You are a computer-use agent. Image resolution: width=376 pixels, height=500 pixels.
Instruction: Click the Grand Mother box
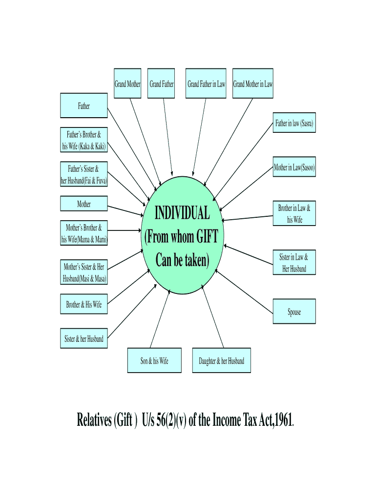tap(127, 84)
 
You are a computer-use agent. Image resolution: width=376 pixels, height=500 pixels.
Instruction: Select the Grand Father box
tap(161, 84)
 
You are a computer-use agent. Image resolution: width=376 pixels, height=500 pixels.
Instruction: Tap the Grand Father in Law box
tap(206, 84)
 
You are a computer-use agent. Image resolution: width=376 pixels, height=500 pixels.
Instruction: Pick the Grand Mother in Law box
tap(252, 84)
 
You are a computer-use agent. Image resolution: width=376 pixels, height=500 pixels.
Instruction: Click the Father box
tap(84, 105)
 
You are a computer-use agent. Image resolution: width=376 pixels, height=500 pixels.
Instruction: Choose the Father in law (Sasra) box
tap(294, 124)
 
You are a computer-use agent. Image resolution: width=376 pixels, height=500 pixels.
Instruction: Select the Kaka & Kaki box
tap(84, 140)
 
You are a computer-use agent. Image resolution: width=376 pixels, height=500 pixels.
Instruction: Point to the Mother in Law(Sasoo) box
tap(294, 168)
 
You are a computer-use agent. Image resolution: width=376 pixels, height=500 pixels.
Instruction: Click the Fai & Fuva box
tap(84, 174)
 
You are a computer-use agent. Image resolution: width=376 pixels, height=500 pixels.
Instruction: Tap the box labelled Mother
tap(84, 204)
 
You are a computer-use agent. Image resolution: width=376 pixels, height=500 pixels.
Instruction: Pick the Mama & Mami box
tap(84, 233)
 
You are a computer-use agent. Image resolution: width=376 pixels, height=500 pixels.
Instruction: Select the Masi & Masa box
tap(84, 272)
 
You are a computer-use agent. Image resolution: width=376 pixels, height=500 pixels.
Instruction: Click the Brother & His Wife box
tap(84, 304)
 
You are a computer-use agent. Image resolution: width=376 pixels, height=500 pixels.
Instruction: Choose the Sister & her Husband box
tap(84, 339)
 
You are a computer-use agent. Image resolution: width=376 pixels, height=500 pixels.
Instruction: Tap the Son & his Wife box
tap(154, 361)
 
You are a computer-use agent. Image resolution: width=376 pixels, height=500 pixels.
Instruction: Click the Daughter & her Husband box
tap(221, 361)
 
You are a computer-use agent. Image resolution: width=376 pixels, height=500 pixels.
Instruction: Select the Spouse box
tap(294, 312)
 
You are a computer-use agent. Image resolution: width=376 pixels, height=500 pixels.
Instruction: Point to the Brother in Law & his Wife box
tap(294, 213)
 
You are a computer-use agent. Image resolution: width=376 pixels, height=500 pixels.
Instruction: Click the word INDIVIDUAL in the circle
tap(182, 213)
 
